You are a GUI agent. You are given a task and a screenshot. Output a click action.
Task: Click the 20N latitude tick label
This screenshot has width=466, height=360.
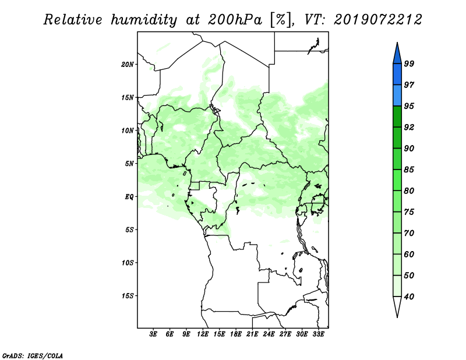click(128, 65)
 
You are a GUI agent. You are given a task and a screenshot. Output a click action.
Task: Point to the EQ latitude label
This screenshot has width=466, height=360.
click(129, 197)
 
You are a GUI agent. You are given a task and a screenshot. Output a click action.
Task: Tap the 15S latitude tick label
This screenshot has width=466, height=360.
click(128, 296)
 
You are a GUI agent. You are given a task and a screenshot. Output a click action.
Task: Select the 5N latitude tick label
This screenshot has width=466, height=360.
click(129, 164)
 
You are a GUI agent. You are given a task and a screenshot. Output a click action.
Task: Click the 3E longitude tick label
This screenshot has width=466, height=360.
click(153, 334)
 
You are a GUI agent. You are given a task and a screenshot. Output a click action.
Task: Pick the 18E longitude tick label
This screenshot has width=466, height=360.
click(236, 334)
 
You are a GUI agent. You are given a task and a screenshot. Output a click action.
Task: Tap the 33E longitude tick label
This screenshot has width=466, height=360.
click(318, 334)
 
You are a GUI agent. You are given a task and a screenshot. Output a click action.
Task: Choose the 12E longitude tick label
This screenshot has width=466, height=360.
click(203, 334)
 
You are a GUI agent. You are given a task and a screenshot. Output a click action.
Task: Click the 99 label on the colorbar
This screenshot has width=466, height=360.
click(409, 63)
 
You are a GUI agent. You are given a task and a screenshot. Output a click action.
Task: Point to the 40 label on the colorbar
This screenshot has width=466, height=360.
click(409, 297)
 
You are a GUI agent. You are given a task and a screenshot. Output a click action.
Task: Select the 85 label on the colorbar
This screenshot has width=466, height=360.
click(409, 170)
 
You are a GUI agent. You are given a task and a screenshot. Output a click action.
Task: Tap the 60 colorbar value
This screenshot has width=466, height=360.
click(409, 254)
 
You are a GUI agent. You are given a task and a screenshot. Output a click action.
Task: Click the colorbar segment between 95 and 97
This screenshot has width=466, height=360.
click(397, 96)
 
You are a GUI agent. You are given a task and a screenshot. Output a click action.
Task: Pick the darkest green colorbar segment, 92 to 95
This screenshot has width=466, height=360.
click(397, 117)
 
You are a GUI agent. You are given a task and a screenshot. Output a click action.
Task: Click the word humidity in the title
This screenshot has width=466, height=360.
click(144, 20)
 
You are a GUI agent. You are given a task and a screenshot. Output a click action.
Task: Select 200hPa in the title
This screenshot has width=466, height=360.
click(235, 20)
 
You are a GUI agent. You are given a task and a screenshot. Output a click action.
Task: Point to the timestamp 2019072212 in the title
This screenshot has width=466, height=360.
click(377, 20)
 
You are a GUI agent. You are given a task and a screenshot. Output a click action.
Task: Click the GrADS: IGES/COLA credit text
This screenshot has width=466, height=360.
click(33, 355)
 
